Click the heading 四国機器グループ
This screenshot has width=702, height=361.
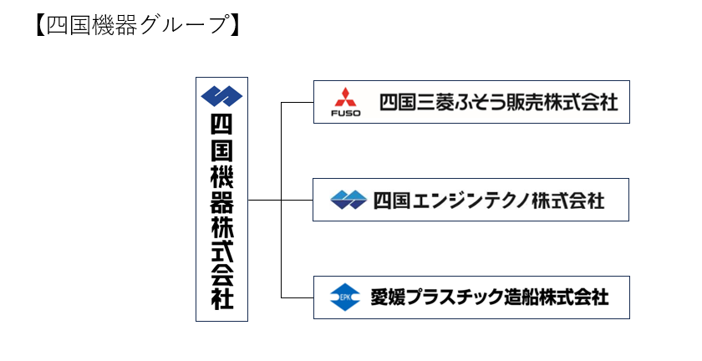(x=138, y=25)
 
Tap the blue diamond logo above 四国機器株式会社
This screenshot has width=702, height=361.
(x=221, y=96)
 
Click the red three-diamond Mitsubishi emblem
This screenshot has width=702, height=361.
(x=345, y=98)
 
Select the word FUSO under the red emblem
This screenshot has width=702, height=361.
(x=346, y=114)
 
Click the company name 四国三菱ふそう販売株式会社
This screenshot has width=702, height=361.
(x=499, y=102)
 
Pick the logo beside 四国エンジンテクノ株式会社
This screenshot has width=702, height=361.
(x=348, y=200)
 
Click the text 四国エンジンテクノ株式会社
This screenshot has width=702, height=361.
(x=489, y=201)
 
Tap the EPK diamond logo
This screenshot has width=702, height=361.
(x=344, y=297)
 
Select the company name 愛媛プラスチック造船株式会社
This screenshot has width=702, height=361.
(x=490, y=297)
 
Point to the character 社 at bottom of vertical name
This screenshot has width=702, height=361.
(x=222, y=298)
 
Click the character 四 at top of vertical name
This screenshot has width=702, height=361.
(x=222, y=125)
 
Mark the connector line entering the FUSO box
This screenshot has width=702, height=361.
(x=298, y=103)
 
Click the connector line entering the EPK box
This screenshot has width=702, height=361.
(x=298, y=297)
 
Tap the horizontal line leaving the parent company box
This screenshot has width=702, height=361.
(x=280, y=200)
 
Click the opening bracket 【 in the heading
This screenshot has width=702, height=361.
(x=41, y=25)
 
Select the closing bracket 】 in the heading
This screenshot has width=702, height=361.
(x=235, y=25)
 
